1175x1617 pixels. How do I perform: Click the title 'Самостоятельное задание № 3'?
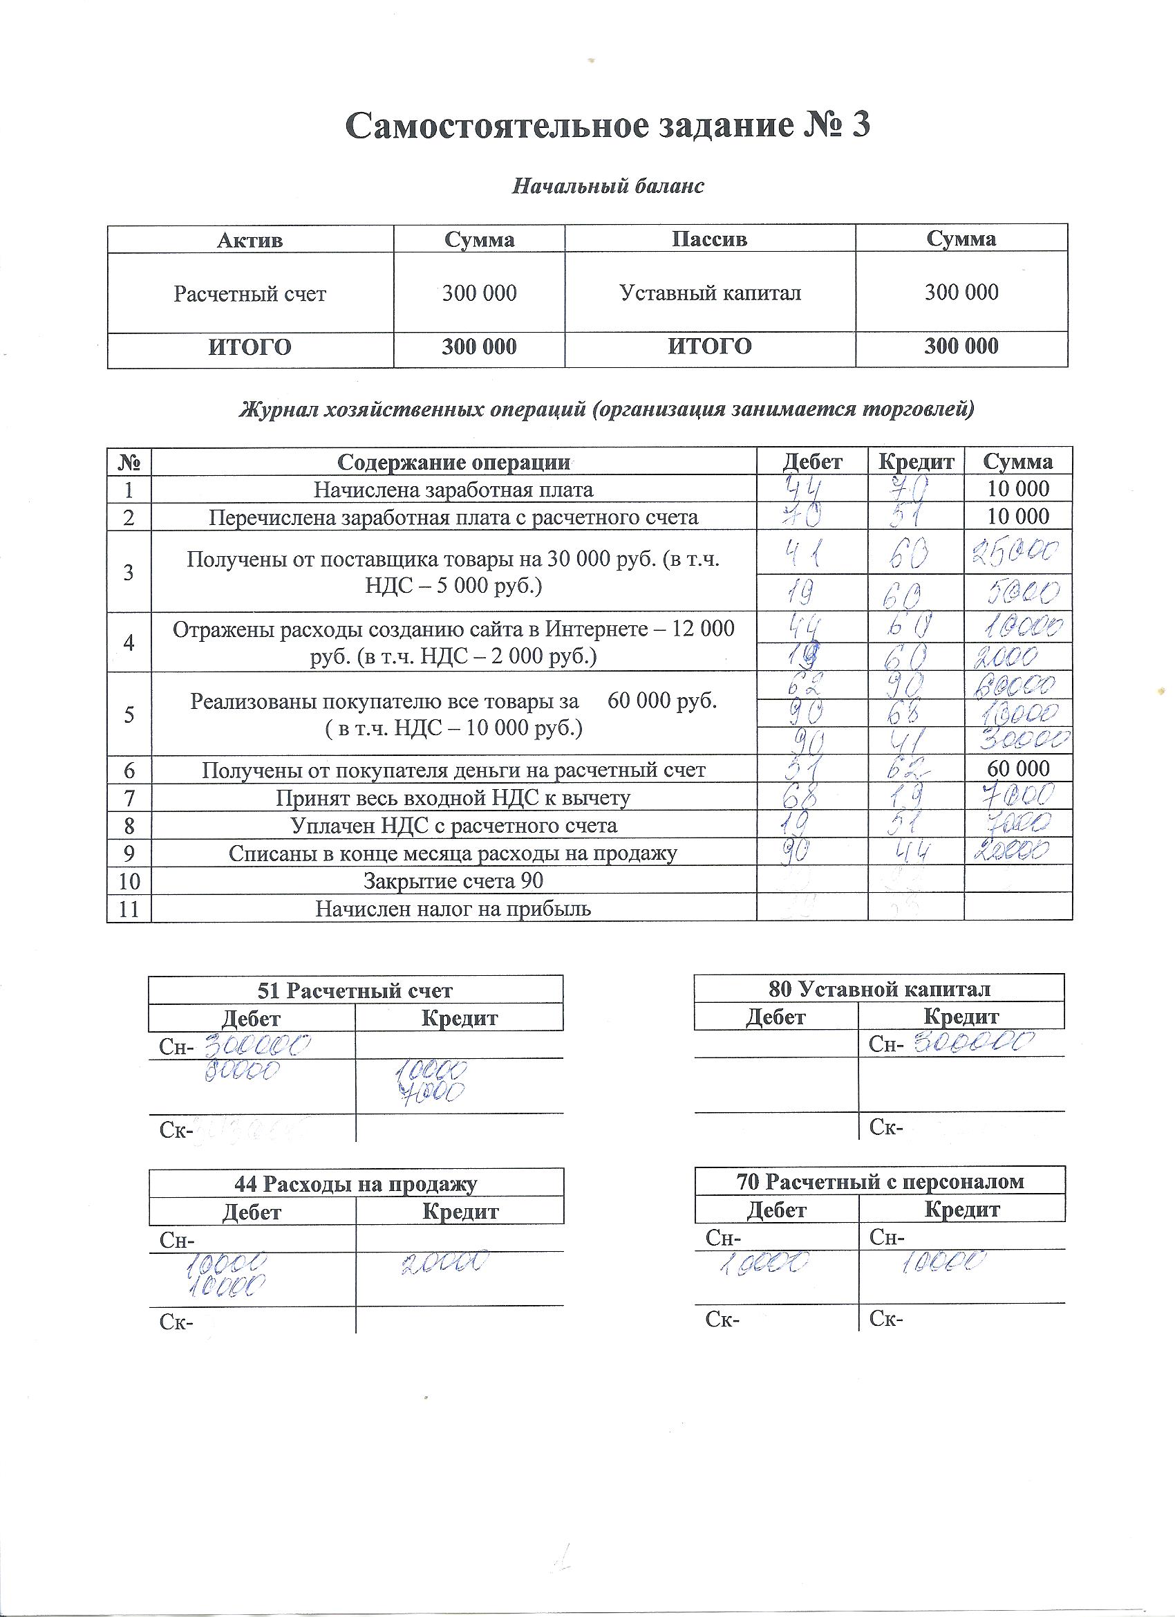[607, 125]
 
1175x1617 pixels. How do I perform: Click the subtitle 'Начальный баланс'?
[608, 186]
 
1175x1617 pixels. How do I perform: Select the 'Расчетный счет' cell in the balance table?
[250, 294]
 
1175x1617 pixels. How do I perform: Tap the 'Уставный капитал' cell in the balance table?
[710, 293]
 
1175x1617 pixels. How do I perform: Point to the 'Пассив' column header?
[709, 239]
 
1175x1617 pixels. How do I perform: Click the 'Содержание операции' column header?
[453, 462]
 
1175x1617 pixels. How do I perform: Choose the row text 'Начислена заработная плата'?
[453, 490]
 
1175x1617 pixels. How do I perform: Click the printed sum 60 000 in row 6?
[1017, 768]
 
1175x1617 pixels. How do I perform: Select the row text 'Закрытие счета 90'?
[453, 881]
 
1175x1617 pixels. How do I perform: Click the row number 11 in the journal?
[129, 909]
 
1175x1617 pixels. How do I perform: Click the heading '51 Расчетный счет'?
[354, 990]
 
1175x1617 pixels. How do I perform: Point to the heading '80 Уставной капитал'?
[879, 989]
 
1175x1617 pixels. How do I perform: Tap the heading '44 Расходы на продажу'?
[355, 1184]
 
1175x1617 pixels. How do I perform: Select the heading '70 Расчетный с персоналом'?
[880, 1181]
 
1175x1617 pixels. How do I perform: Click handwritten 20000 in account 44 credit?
[445, 1264]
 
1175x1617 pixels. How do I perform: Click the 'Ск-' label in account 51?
[173, 1131]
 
